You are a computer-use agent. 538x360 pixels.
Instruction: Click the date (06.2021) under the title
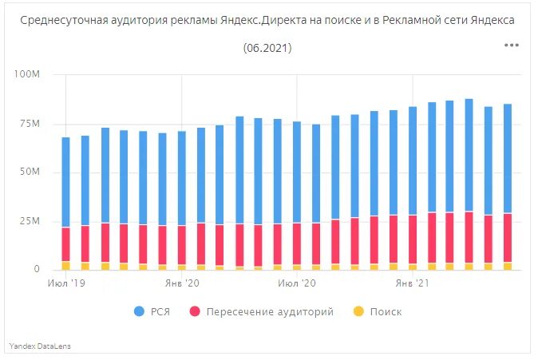[267, 49]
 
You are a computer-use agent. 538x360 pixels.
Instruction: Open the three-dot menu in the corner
[512, 45]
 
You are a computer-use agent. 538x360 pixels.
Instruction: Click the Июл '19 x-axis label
[66, 283]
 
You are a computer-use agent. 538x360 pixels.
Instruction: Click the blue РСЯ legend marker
[140, 311]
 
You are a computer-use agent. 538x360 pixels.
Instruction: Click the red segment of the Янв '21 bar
[413, 239]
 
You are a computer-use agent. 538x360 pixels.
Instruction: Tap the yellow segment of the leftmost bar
[65, 265]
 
